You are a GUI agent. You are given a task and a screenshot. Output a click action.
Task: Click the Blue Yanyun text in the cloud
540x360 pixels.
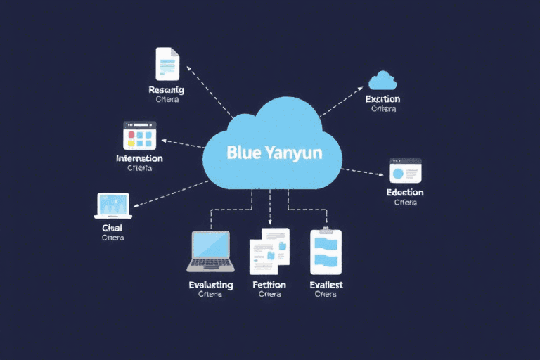point(275,153)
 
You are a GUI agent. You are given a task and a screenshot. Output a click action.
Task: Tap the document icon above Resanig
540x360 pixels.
point(167,64)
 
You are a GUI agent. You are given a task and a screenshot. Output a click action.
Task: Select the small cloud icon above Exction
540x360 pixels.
point(382,80)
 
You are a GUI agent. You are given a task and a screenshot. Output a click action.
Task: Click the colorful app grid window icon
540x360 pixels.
point(139,135)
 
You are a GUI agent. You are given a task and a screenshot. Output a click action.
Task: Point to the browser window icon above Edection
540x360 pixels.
point(405,171)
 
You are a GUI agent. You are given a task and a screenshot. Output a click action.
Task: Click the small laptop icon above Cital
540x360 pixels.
point(112,206)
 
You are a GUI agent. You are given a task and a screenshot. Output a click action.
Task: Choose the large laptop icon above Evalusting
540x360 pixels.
point(211,251)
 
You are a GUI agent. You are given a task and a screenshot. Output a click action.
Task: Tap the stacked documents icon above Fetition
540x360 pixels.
point(270,250)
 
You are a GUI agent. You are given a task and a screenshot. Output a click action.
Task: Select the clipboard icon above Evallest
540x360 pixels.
point(326,251)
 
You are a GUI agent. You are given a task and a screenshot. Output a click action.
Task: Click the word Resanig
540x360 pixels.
point(167,89)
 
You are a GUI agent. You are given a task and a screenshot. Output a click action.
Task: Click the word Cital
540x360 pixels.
point(112,228)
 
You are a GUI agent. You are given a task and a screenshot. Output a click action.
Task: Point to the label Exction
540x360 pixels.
point(382,99)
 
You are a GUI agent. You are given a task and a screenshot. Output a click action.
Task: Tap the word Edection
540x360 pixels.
point(405,192)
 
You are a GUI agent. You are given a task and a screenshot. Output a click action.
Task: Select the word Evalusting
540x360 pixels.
point(211,285)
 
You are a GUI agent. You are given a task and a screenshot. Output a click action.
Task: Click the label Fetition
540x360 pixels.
point(269,285)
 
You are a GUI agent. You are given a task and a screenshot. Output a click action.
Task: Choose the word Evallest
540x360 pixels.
point(326,285)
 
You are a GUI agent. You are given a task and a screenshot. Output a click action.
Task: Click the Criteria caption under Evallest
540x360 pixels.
point(326,295)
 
